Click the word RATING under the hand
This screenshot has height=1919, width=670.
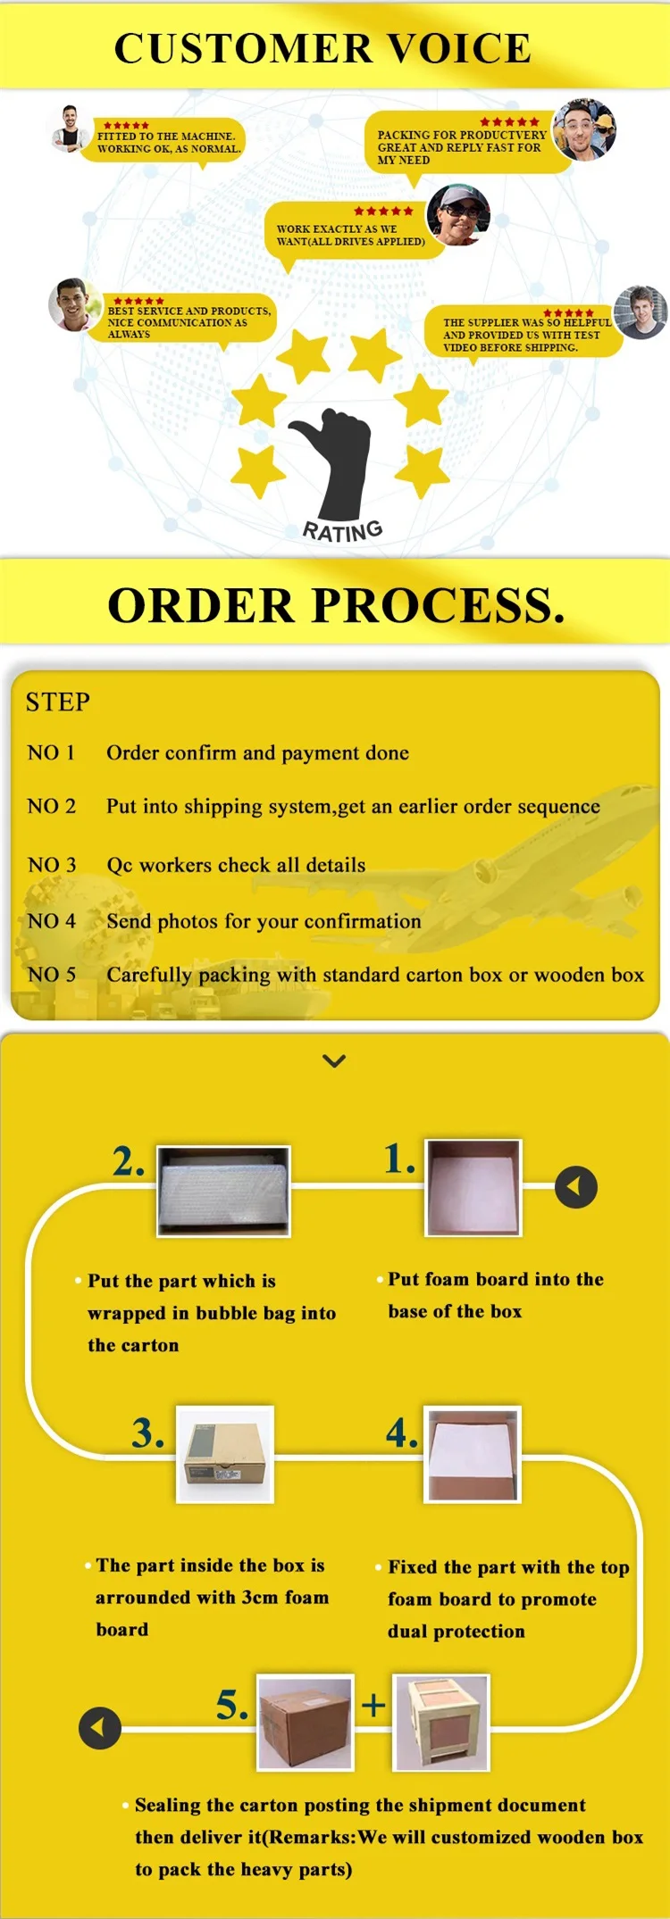point(343,531)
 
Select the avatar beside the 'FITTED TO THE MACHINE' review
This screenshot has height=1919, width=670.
point(70,129)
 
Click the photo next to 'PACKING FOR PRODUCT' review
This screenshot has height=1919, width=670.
point(585,129)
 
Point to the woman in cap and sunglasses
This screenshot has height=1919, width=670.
point(458,214)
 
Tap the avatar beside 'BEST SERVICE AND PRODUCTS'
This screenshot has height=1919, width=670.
point(74,304)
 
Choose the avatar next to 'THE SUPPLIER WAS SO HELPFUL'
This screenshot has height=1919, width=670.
point(641,312)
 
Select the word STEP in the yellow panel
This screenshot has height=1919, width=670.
point(58,702)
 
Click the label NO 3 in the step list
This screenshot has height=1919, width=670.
point(52,865)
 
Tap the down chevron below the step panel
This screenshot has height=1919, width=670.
point(334,1060)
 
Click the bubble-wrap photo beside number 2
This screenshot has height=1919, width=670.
point(224,1191)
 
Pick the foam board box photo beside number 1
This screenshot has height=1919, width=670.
point(473,1187)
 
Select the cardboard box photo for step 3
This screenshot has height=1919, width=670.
point(225,1454)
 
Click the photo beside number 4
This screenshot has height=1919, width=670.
point(473,1455)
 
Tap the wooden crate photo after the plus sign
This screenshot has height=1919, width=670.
point(441,1723)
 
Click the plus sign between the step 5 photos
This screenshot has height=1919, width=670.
point(373,1706)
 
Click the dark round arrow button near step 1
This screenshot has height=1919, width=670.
point(576,1187)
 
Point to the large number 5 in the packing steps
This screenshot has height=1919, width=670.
point(231,1704)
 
